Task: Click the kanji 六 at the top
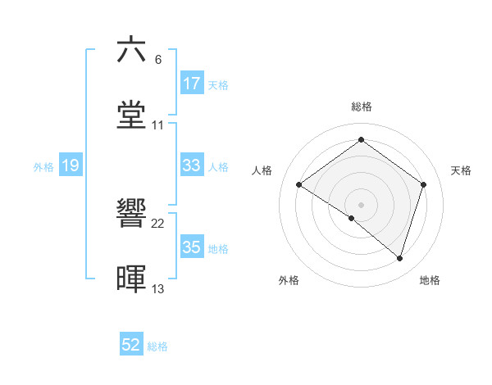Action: [131, 50]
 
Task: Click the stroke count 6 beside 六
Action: [158, 60]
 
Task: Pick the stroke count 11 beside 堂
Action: [158, 125]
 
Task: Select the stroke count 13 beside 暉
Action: [158, 289]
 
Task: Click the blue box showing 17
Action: [192, 84]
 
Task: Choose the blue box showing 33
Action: [192, 165]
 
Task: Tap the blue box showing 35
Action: [192, 247]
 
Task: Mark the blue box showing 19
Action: [71, 165]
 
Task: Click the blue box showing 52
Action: [131, 345]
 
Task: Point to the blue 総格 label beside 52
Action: [157, 346]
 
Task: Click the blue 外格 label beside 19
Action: [43, 167]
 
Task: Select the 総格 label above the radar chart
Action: [361, 106]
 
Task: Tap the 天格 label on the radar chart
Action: [461, 170]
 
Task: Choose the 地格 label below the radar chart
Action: [430, 280]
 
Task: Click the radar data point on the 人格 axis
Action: [299, 184]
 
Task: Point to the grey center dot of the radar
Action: [361, 204]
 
